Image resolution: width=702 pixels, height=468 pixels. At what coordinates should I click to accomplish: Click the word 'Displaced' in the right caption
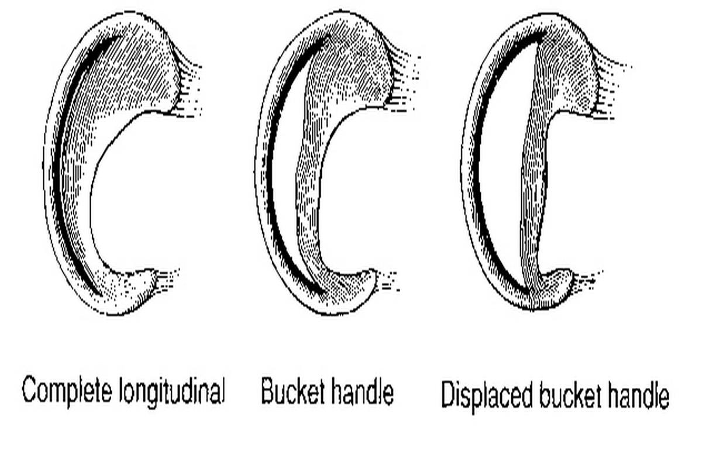click(x=487, y=396)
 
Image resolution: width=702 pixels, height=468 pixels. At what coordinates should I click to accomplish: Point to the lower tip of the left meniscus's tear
click(x=101, y=295)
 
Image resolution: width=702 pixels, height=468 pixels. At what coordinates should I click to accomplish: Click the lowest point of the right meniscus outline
click(x=533, y=310)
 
